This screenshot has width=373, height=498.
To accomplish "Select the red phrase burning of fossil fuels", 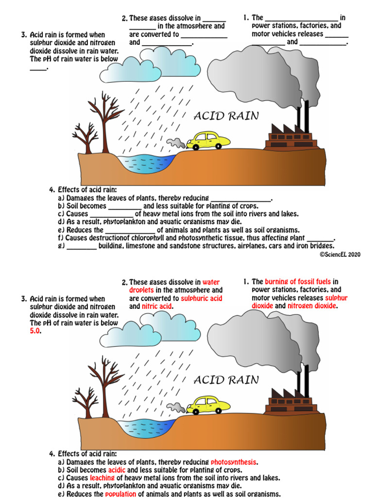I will click(298, 282).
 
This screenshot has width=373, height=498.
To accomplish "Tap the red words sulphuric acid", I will click(204, 298).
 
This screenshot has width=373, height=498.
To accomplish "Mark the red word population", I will click(121, 494).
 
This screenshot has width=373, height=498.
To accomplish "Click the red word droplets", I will click(141, 290).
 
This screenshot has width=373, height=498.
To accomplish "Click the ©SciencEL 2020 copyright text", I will click(340, 254).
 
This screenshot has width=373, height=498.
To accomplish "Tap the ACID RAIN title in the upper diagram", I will click(226, 116).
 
